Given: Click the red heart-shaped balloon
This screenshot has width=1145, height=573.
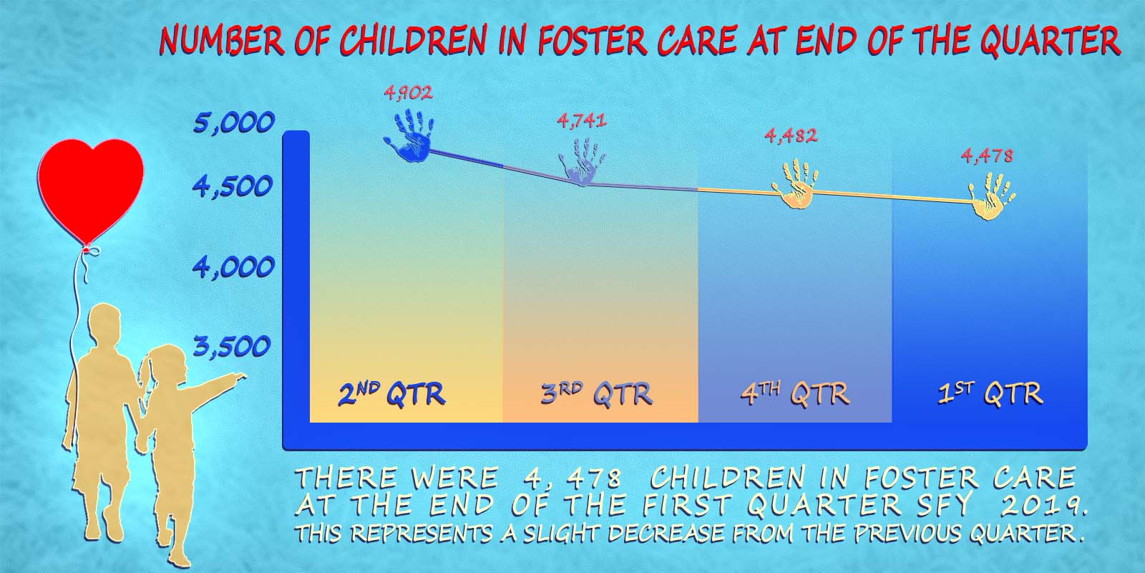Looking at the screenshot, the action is pos(90,189).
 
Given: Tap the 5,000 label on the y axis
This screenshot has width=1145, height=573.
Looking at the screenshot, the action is pos(233,122).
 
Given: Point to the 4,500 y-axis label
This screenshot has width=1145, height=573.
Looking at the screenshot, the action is pos(233,187).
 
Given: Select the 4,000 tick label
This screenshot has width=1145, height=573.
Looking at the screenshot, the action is pos(233,268).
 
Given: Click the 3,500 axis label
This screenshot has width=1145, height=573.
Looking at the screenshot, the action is pos(232,347).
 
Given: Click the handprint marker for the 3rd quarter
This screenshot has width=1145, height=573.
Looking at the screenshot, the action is pos(583,161).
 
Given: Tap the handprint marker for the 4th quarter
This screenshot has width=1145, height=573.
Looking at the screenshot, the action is pos(795,184).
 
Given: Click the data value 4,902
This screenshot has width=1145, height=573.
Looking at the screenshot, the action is pos(409,92).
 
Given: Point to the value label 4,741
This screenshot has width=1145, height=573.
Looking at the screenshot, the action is pos(582,121).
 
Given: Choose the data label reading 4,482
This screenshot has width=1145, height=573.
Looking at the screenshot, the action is pos(791,135).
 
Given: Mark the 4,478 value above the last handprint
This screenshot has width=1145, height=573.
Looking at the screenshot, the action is pos(988,155).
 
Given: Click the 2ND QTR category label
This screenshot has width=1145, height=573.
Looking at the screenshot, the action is pos(392,395).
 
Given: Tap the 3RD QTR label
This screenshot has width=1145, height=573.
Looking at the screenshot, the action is pos(597,395).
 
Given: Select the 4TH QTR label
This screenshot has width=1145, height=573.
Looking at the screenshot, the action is pos(795,395).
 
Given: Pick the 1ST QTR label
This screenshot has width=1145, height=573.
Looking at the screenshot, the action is pos(990,395).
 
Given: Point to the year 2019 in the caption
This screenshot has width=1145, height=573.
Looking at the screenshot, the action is pos(1043,506).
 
